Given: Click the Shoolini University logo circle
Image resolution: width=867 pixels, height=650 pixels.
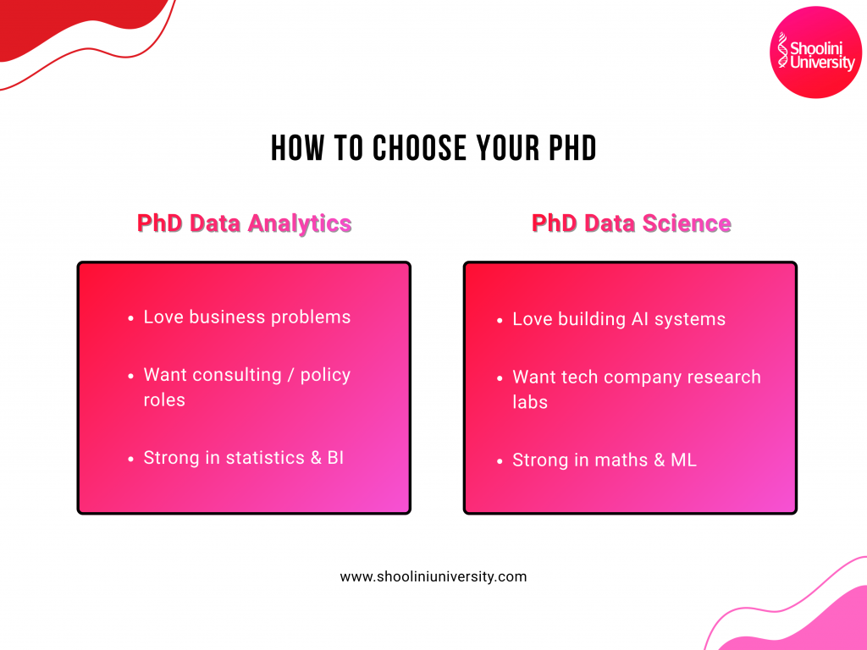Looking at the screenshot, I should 816,52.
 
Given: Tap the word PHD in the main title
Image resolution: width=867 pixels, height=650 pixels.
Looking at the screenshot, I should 569,148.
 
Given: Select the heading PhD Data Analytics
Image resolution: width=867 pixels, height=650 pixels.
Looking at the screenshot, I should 244,223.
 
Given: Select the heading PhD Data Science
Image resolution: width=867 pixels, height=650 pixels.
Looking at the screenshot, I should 631,223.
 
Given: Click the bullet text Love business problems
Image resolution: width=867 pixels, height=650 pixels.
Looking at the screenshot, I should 246,317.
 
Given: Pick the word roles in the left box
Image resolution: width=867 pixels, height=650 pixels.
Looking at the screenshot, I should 164,399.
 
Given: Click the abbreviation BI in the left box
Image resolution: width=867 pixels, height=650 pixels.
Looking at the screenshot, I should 335,458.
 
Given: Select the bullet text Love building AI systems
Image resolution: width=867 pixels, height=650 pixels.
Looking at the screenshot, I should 619,320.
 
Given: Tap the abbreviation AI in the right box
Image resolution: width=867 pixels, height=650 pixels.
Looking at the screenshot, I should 641,320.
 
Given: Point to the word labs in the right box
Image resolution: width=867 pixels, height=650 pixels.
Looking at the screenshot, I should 530,402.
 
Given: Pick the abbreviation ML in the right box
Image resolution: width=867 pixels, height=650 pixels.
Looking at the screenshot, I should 683,460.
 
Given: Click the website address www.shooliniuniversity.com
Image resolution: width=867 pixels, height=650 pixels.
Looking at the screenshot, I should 433,577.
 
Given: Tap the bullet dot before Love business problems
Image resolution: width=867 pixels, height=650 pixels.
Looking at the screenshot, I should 131,319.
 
